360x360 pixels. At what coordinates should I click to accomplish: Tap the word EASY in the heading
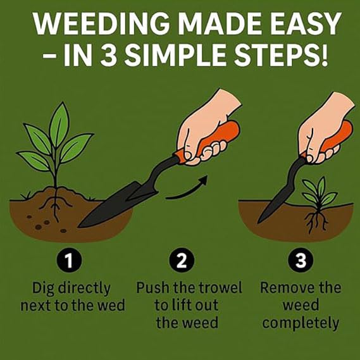(306, 24)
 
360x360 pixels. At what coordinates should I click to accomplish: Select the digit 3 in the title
(108, 55)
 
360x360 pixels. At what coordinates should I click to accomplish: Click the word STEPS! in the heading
(281, 55)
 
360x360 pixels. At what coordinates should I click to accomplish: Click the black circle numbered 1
(69, 260)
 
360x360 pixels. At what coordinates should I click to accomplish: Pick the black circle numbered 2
(182, 260)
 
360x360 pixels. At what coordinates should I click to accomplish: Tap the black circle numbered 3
(301, 260)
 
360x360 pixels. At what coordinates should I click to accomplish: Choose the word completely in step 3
(301, 324)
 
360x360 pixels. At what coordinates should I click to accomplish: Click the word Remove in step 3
(282, 288)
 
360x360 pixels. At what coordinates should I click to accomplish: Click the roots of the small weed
(316, 221)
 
